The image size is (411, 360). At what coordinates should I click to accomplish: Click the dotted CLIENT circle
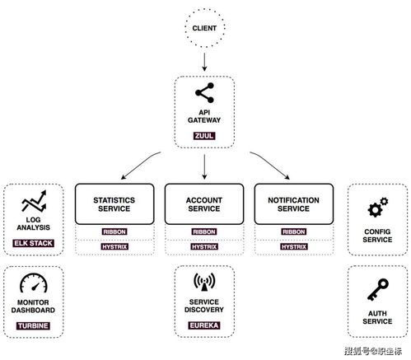click(x=204, y=11)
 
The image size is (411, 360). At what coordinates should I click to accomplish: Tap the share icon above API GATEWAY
click(x=204, y=93)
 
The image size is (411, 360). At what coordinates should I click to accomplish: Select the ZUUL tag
click(x=204, y=136)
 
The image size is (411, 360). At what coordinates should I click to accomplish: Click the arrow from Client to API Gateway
click(x=204, y=62)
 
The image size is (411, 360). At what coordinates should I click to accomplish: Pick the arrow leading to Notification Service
click(x=270, y=164)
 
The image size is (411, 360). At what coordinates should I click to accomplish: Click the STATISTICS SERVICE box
click(x=114, y=204)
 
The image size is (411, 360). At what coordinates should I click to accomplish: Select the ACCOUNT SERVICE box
click(x=204, y=204)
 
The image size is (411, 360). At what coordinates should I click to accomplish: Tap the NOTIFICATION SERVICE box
click(x=294, y=204)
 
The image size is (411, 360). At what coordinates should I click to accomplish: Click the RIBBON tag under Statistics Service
click(x=114, y=231)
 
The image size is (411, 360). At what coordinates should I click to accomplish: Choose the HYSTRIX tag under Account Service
click(x=204, y=246)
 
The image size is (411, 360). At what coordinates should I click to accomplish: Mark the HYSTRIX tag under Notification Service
click(x=294, y=246)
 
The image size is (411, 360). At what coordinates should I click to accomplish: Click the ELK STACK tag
click(x=33, y=243)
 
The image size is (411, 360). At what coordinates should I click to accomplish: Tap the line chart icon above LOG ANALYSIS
click(x=34, y=201)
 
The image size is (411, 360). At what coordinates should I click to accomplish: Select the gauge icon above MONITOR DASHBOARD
click(x=34, y=283)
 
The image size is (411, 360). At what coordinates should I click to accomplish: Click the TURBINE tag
click(x=33, y=325)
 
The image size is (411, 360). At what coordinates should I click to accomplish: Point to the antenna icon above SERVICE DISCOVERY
click(x=204, y=282)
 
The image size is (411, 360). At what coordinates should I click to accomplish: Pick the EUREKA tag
click(x=204, y=325)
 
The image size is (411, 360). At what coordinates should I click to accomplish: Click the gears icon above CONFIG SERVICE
click(x=378, y=207)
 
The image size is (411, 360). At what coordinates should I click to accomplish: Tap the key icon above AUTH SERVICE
click(x=378, y=290)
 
